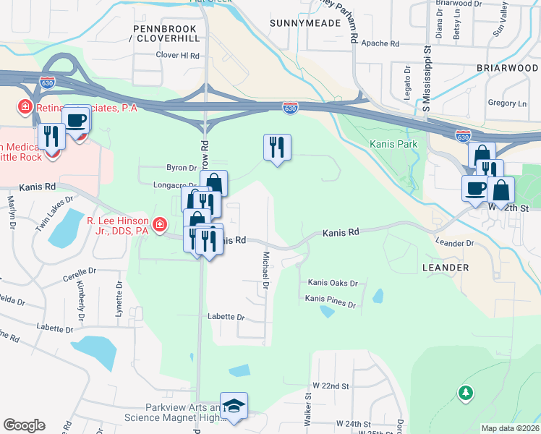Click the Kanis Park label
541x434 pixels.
pos(393,145)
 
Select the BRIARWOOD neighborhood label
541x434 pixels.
pos(507,68)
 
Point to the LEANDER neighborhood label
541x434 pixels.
pos(445,268)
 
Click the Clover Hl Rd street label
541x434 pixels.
pos(177,55)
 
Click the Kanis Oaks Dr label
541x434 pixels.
pos(333,283)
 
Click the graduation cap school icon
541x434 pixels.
pos(234,407)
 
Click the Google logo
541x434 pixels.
pos(24,425)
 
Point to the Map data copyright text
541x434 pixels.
pos(510,428)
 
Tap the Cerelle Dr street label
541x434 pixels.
pos(79,271)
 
